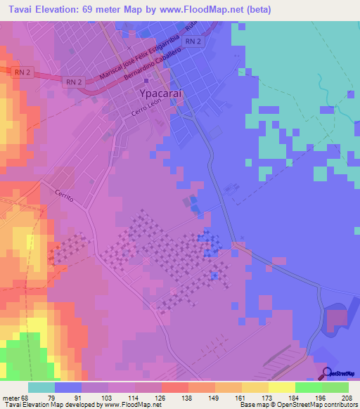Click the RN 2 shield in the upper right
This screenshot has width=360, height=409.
coord(193,42)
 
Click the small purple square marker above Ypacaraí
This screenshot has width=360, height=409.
coord(146,82)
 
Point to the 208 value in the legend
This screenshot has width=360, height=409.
coord(343,397)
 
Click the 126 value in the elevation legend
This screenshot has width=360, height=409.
coord(161,397)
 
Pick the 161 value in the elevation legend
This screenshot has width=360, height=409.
coord(240,397)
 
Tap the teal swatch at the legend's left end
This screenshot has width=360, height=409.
coord(41,387)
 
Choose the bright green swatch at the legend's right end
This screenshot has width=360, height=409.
coord(335,387)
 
